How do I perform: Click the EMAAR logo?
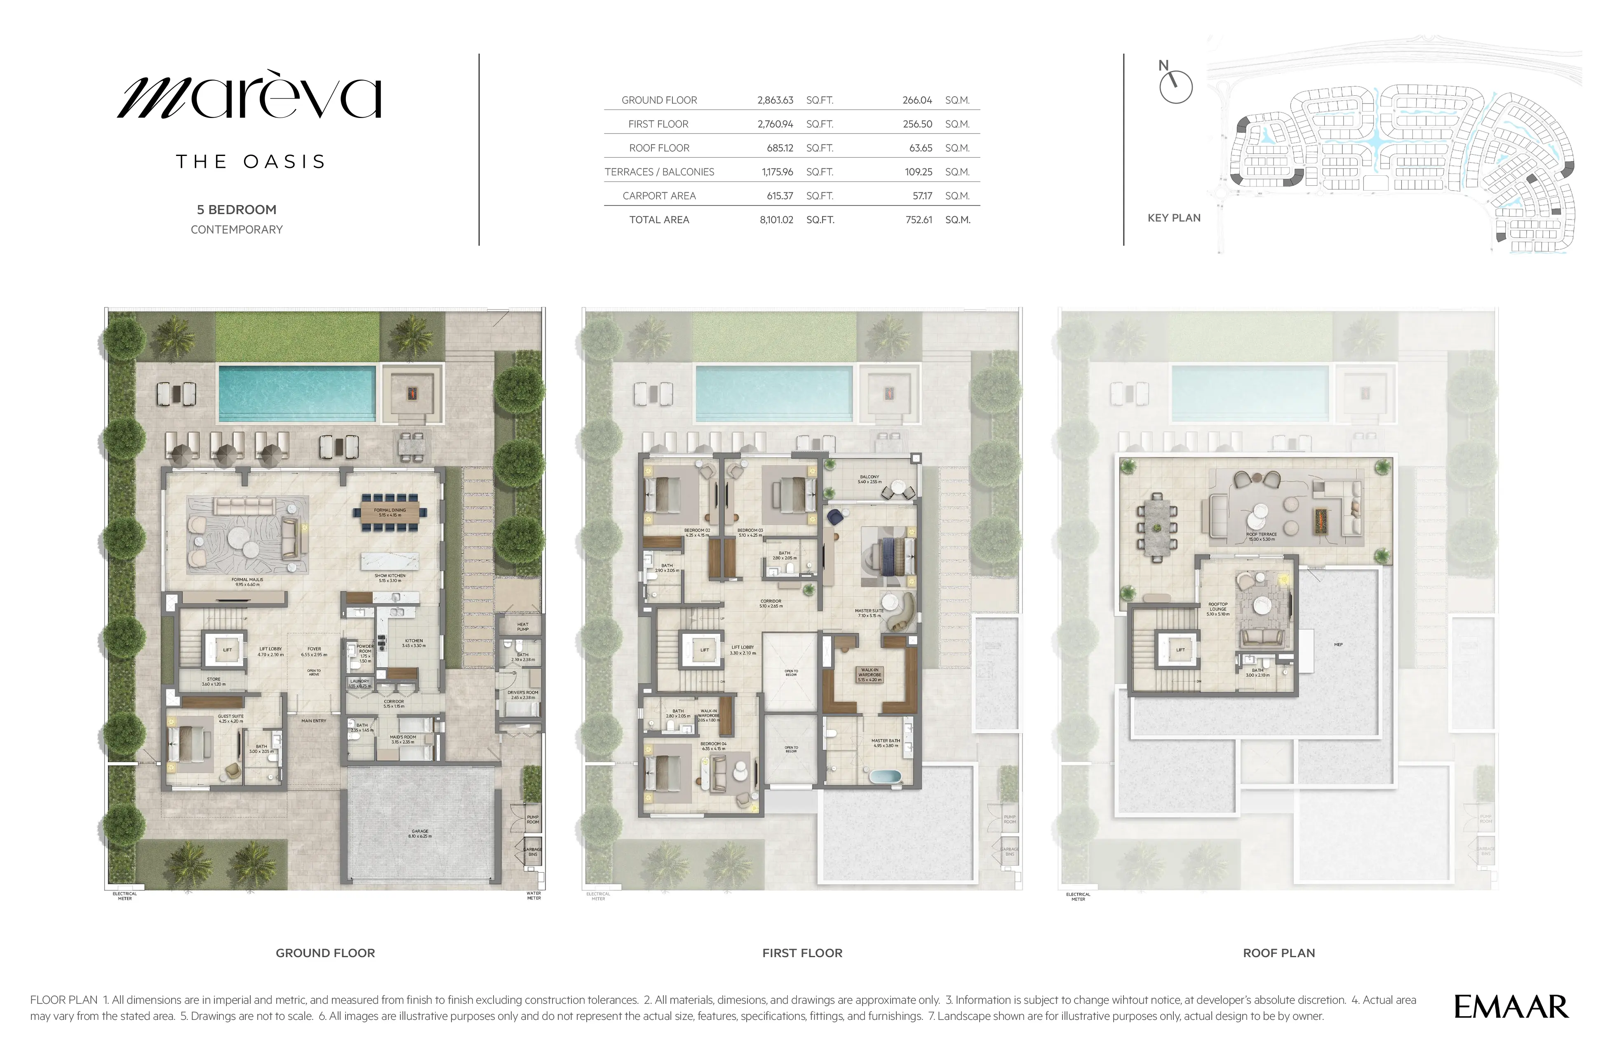[1511, 1007]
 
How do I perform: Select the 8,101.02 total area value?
[776, 220]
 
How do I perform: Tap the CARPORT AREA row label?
[659, 196]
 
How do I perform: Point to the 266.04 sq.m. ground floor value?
[917, 100]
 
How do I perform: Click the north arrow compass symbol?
[1175, 86]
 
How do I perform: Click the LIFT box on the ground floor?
[227, 650]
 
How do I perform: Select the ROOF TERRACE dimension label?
[1261, 536]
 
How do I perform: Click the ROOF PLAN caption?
[1278, 953]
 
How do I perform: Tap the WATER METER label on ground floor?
[533, 895]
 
